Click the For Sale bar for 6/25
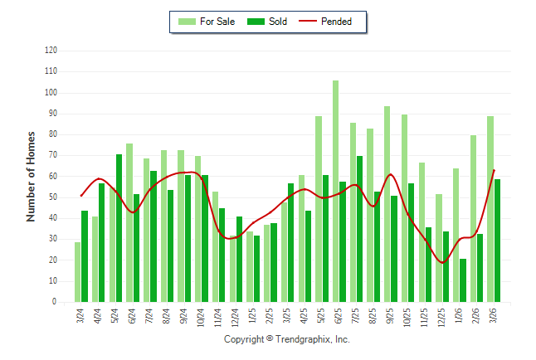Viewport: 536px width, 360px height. tap(335, 191)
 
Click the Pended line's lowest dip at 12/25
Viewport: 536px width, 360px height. tap(442, 263)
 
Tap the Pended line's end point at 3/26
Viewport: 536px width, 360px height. tap(495, 170)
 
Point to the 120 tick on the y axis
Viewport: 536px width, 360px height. tap(51, 51)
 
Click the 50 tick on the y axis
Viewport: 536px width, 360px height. tap(53, 197)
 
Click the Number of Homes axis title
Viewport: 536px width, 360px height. tap(31, 176)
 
